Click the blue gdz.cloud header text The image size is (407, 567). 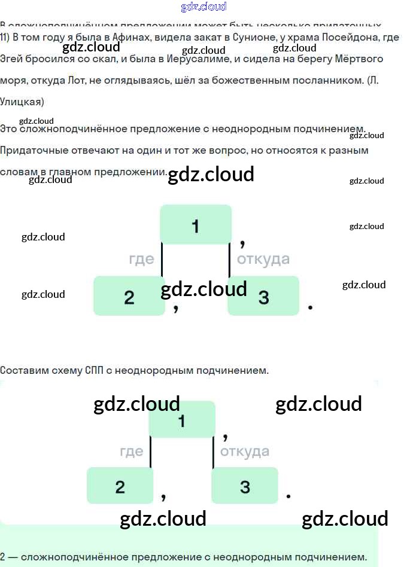(x=203, y=7)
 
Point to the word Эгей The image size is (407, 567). (x=11, y=59)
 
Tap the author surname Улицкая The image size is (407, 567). (x=22, y=102)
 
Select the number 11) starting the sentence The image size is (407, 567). (x=5, y=37)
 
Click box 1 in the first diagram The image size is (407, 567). (x=196, y=225)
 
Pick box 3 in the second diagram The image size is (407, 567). (x=245, y=486)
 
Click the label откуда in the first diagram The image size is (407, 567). (x=263, y=259)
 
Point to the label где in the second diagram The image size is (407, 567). (x=131, y=451)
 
